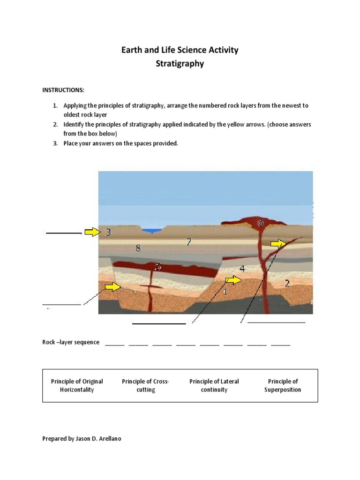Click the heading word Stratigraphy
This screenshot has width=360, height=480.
click(180, 64)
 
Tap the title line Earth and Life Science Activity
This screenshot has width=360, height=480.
click(180, 50)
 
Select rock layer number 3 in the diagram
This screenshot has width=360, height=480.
click(108, 232)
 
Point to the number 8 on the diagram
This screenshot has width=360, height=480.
click(138, 248)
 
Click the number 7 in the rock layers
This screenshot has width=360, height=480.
click(188, 242)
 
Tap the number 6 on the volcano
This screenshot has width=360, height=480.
click(260, 224)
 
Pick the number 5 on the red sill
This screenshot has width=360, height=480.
click(158, 267)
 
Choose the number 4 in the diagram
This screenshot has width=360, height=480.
click(242, 269)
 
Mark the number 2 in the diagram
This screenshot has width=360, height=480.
click(287, 283)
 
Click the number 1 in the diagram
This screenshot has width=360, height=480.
click(225, 292)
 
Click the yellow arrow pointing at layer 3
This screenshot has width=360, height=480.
click(92, 232)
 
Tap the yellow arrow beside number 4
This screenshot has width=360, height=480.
click(233, 280)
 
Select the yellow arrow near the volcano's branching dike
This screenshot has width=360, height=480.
click(278, 243)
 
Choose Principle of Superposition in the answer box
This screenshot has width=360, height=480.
click(283, 385)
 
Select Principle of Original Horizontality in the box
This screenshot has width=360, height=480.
click(77, 385)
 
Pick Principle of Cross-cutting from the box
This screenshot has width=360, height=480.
click(145, 385)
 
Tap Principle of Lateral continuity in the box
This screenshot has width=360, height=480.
click(214, 385)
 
